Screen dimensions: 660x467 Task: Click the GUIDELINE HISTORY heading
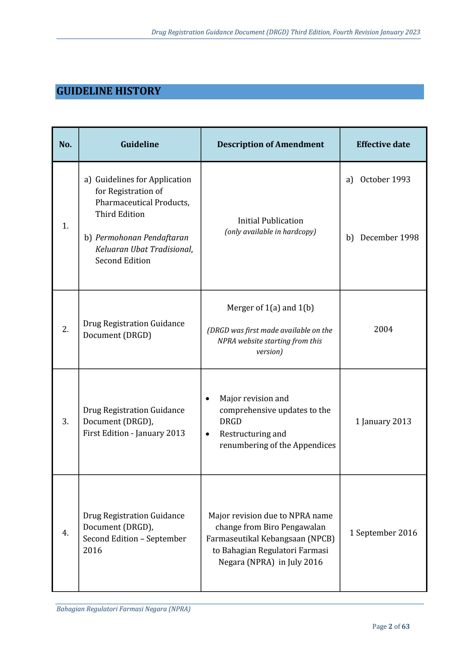109,91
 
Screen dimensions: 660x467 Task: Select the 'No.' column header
65,144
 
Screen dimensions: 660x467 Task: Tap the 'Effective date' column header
383,144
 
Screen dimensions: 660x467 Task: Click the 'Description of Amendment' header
270,144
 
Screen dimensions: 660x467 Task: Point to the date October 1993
385,179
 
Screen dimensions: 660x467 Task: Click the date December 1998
389,238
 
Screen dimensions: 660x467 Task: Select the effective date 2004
383,329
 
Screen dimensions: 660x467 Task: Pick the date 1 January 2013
383,421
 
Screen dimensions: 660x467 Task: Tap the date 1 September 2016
383,533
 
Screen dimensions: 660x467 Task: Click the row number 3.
65,421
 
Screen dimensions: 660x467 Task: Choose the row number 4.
65,533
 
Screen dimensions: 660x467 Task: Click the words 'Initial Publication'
270,221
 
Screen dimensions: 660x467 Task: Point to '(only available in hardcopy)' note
270,232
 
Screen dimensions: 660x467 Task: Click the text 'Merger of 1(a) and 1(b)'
270,308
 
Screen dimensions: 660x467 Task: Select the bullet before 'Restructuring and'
208,434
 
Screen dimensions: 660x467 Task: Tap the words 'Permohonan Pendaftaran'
142,238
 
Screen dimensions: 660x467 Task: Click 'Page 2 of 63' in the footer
391,626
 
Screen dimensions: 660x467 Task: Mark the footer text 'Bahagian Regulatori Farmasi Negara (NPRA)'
123,609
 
